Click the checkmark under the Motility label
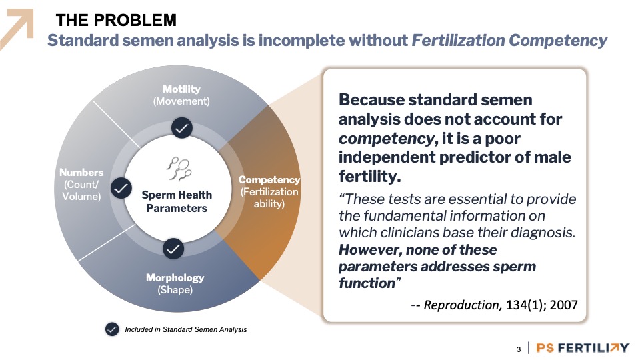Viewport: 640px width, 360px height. tap(181, 128)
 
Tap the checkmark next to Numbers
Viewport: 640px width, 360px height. tap(121, 188)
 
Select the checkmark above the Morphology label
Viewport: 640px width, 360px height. tap(173, 249)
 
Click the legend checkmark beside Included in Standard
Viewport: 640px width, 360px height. tap(112, 329)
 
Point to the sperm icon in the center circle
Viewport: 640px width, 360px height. tap(179, 169)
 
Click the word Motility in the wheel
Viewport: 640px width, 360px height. tap(181, 89)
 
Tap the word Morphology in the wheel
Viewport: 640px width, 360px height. tap(175, 277)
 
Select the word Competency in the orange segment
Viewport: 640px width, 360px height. tap(269, 179)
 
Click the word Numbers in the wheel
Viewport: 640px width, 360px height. tap(81, 172)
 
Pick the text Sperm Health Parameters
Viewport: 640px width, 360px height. tap(177, 201)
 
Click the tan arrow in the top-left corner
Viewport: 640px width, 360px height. tap(17, 29)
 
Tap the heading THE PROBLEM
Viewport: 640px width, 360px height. tap(116, 20)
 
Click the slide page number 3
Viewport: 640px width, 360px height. tap(519, 349)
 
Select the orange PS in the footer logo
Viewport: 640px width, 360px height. tap(545, 347)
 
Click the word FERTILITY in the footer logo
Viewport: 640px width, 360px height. tap(593, 347)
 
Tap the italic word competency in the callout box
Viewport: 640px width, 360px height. tap(386, 139)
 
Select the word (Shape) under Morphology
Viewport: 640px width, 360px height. tap(175, 290)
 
